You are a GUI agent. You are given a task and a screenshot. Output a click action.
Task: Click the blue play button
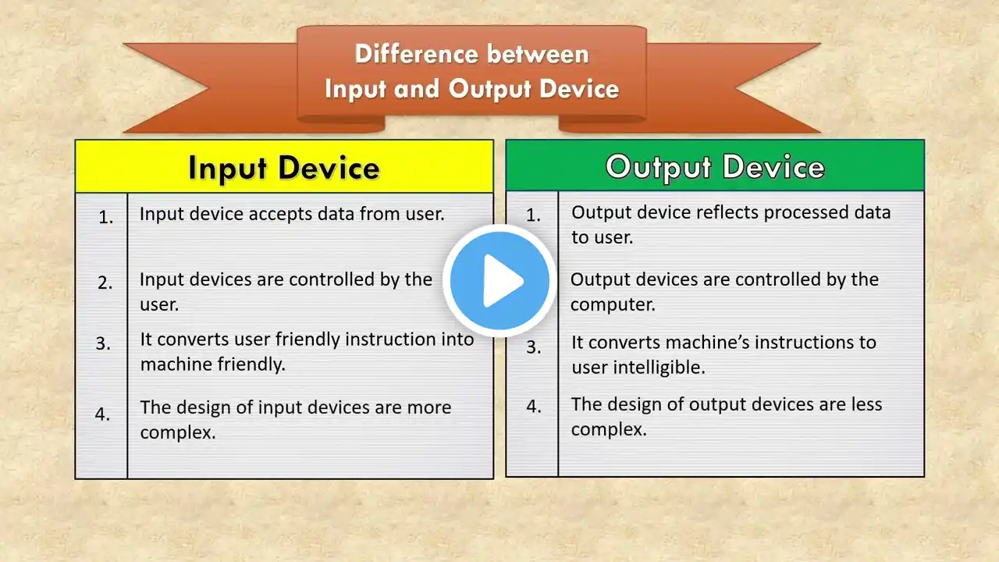499,280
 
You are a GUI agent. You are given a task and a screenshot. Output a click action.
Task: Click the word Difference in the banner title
416,55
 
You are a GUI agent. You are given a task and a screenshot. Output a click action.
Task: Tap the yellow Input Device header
284,166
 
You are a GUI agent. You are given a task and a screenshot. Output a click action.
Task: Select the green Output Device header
715,165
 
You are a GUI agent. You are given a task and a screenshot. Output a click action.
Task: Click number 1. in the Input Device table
105,217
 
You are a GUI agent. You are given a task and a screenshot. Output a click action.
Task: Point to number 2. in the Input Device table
105,283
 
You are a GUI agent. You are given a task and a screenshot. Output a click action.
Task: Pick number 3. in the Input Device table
103,343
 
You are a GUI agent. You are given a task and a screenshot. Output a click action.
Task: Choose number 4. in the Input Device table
102,414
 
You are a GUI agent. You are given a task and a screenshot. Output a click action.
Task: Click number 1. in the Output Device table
533,215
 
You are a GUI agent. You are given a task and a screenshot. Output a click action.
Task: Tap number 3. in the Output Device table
534,347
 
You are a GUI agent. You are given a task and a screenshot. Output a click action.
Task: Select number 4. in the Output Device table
534,407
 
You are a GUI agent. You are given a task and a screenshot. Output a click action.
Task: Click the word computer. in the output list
613,305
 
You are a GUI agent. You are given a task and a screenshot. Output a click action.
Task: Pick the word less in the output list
864,404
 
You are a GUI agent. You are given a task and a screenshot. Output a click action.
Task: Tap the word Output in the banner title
489,89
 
